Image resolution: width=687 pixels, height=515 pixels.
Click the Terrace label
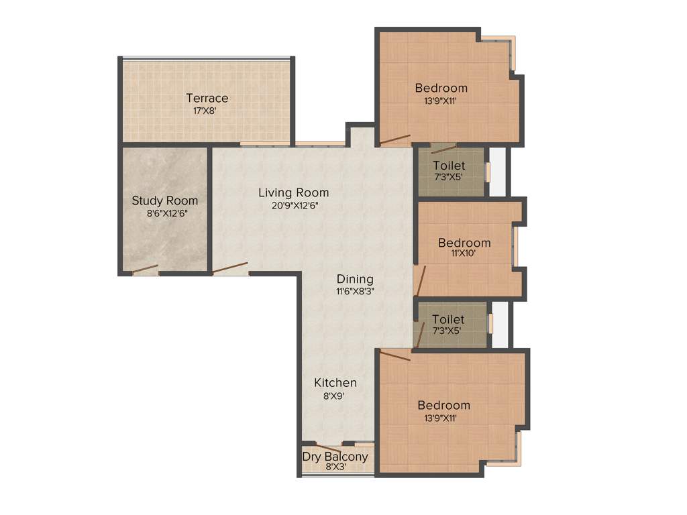click(207, 98)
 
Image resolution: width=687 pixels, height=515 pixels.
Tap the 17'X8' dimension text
click(204, 111)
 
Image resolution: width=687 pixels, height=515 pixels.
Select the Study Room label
click(165, 201)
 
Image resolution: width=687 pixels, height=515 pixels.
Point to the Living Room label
click(294, 192)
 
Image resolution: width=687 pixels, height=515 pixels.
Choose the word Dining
click(355, 279)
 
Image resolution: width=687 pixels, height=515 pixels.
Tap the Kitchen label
click(335, 383)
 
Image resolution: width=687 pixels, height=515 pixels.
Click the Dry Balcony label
click(335, 457)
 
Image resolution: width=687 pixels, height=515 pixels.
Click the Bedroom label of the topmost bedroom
click(441, 88)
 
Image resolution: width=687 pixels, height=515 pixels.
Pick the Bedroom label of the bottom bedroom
click(443, 405)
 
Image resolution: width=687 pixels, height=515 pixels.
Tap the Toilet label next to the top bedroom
click(449, 166)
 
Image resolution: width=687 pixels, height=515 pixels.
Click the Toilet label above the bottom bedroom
click(448, 320)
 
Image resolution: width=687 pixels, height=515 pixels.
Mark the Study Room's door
click(145, 270)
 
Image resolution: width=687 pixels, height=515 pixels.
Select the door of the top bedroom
click(394, 140)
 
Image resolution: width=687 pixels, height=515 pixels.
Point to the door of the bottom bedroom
click(394, 355)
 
